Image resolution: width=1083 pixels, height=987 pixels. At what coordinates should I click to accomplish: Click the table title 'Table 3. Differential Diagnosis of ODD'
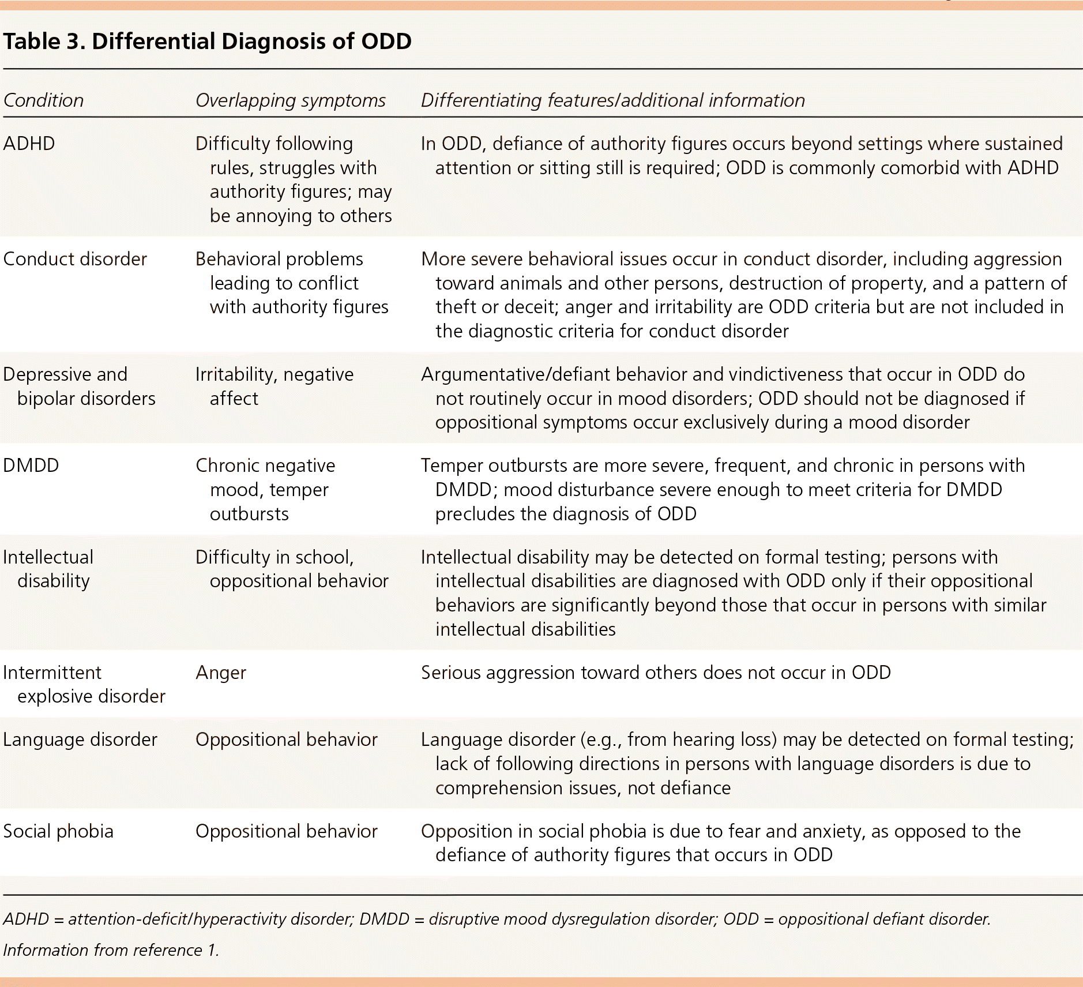point(208,42)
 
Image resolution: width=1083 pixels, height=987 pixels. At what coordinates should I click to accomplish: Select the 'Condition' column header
point(44,100)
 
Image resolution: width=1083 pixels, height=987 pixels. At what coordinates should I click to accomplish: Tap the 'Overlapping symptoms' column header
point(290,100)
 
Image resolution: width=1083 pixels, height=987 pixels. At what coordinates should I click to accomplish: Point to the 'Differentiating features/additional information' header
point(612,100)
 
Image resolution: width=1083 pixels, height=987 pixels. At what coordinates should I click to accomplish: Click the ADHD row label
point(29,144)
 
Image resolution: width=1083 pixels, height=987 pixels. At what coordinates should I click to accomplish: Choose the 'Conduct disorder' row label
point(75,259)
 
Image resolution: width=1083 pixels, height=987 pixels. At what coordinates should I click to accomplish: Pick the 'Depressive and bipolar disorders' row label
point(79,386)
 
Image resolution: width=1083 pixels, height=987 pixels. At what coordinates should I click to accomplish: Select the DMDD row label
point(31,466)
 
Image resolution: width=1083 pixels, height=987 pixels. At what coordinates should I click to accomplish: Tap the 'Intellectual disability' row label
point(48,569)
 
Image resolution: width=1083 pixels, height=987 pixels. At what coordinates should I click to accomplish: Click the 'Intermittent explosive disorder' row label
point(84,684)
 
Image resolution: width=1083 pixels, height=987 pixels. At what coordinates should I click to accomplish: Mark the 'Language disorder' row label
point(80,740)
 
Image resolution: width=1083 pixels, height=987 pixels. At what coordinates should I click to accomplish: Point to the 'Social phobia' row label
point(58,831)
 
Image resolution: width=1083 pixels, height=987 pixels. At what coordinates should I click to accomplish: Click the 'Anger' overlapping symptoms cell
point(221,673)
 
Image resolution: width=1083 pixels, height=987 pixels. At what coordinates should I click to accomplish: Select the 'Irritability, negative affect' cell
point(274,386)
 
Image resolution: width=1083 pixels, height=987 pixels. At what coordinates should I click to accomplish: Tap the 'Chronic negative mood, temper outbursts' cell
point(265,490)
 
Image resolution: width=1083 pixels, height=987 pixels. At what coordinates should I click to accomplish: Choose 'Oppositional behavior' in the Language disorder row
point(287,740)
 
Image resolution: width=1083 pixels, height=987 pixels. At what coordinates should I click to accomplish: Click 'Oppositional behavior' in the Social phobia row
point(287,831)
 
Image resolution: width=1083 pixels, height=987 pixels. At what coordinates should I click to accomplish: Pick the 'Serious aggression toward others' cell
point(656,673)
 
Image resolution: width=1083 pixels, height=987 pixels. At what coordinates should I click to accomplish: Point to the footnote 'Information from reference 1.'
point(111,950)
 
